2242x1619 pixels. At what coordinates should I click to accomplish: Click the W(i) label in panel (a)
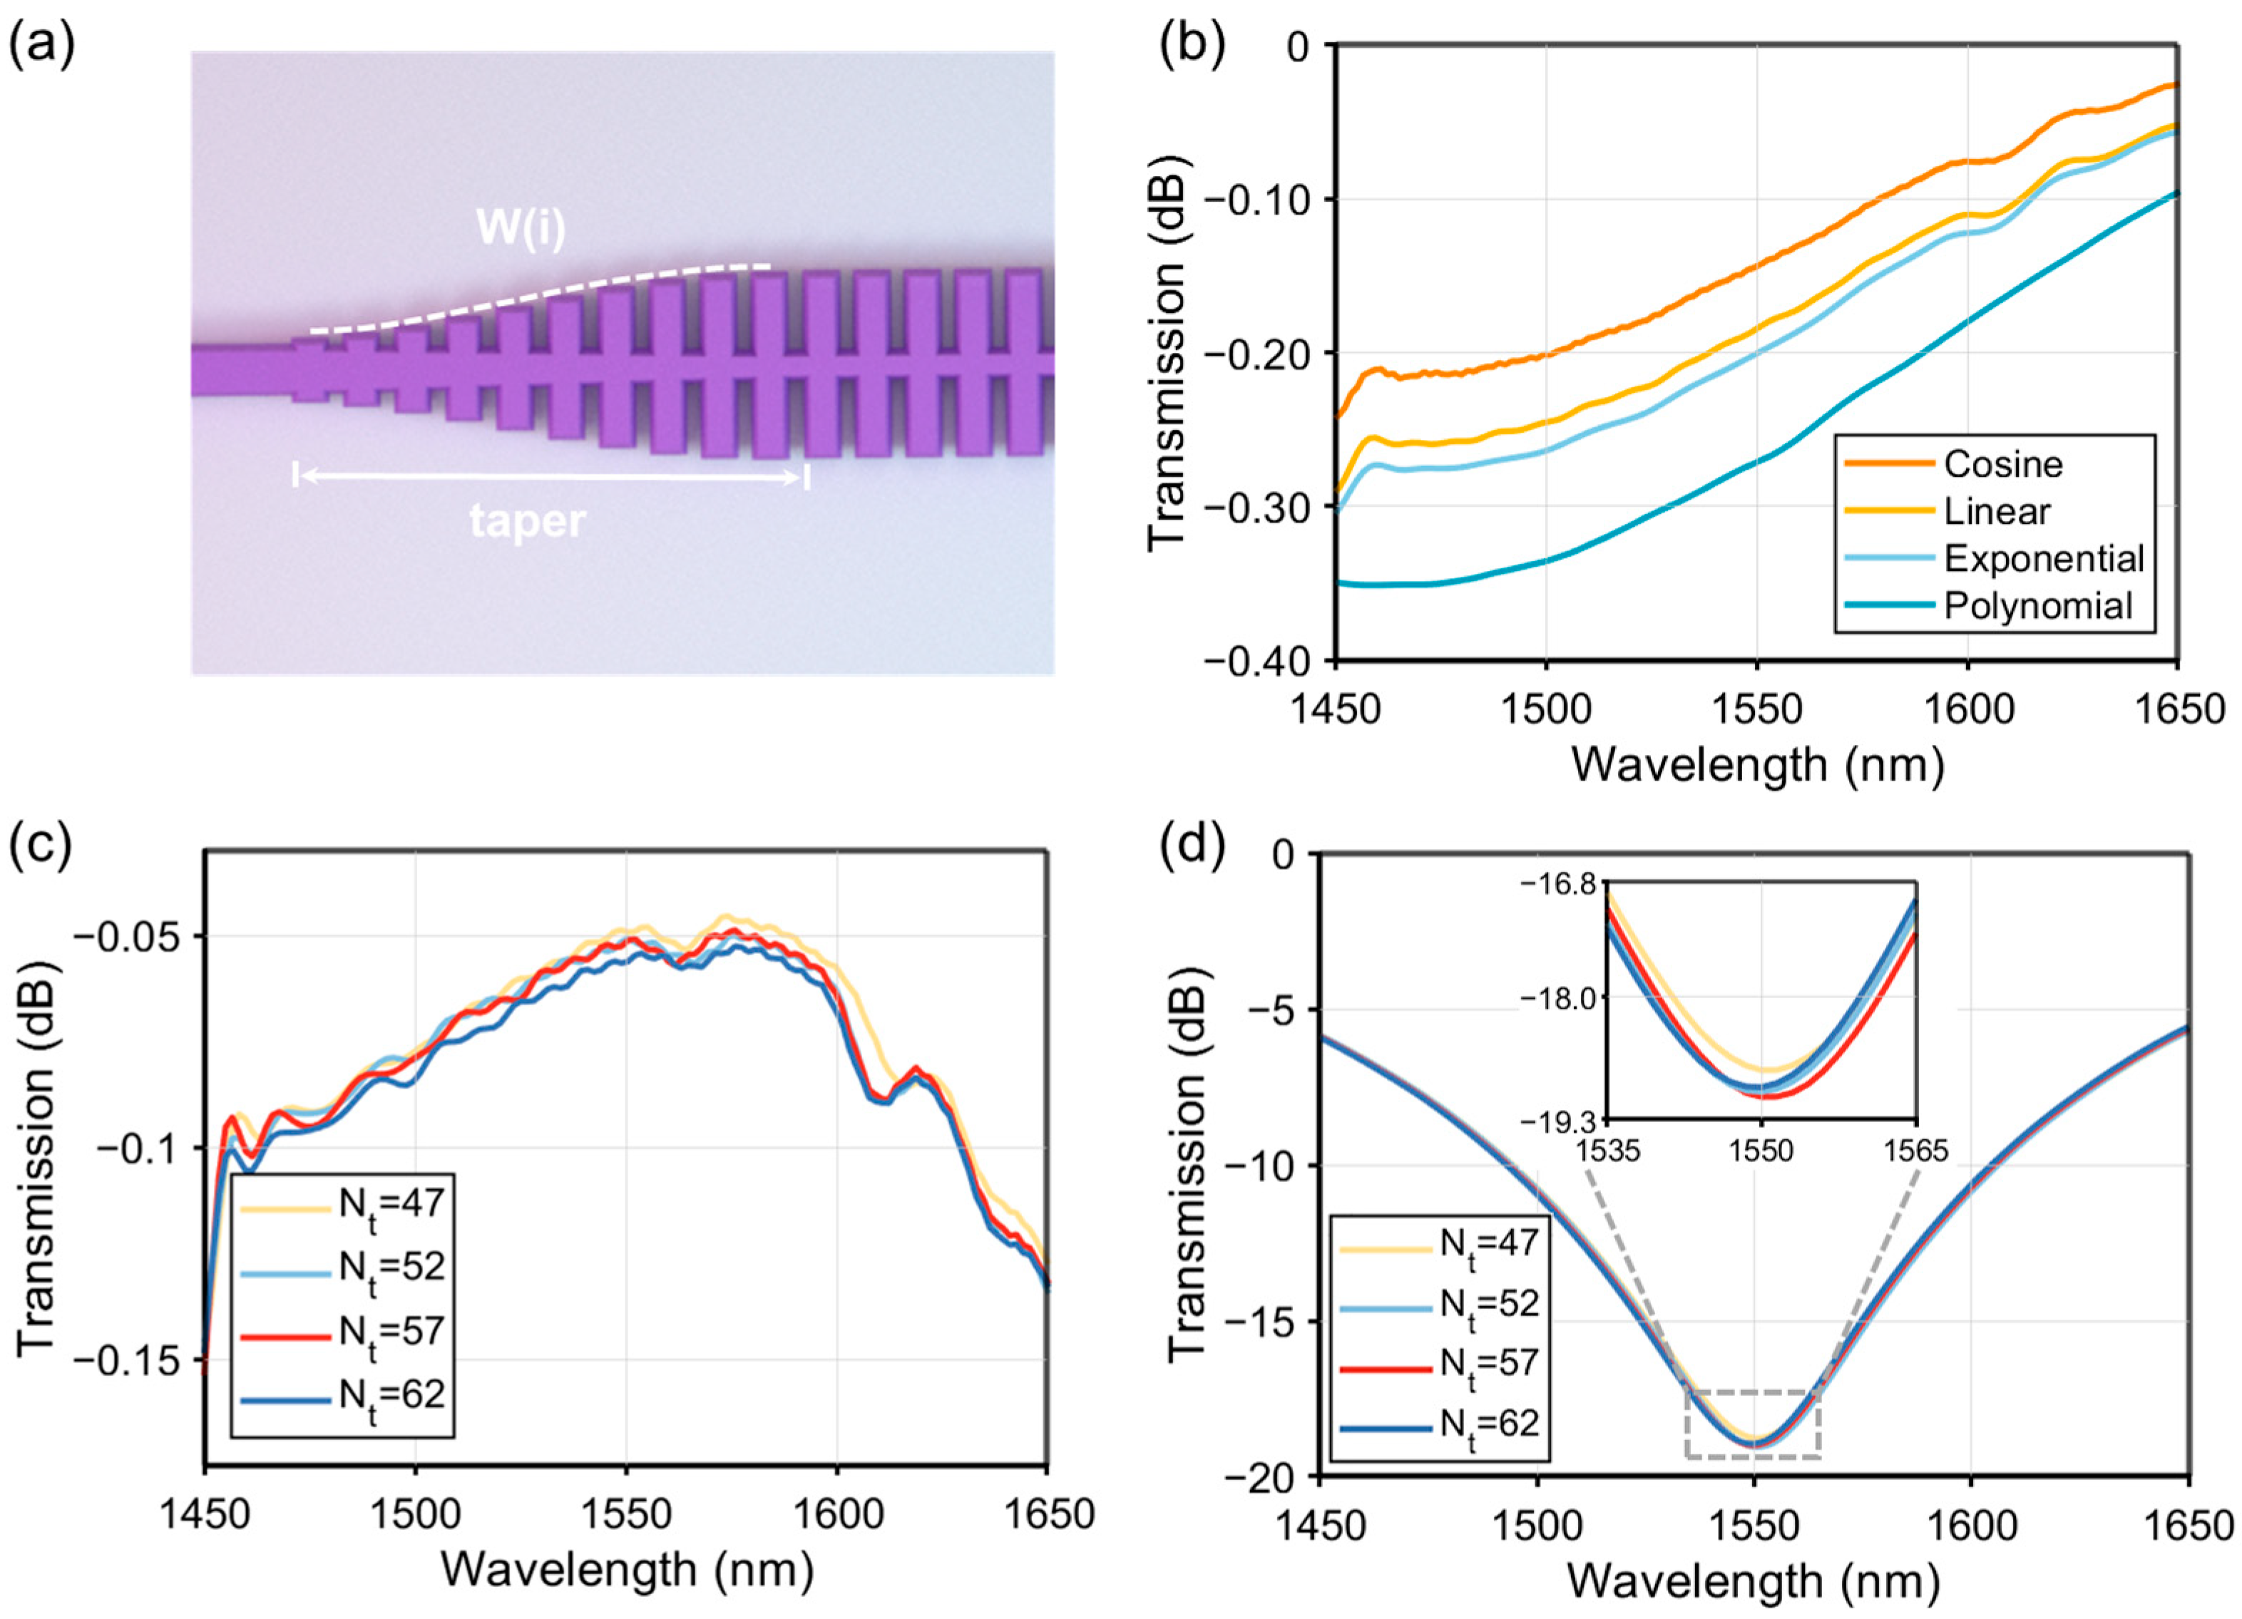(521, 230)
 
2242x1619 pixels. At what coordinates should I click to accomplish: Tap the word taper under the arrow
(527, 522)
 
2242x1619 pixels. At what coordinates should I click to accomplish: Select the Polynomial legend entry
(2037, 605)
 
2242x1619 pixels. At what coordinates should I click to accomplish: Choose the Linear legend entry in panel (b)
(1997, 511)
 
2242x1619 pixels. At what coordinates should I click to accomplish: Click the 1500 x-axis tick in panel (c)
(415, 1514)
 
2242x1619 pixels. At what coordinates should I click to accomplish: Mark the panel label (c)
(39, 849)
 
